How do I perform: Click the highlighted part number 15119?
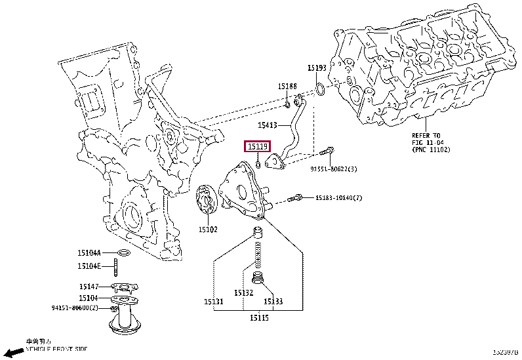256,147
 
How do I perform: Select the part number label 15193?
317,68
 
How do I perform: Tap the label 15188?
287,86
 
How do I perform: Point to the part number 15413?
268,125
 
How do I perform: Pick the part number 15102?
208,229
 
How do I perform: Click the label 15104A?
90,252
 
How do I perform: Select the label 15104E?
89,266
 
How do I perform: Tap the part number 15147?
89,286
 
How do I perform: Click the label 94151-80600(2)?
75,307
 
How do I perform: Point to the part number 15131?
214,301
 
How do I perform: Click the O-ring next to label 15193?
319,88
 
